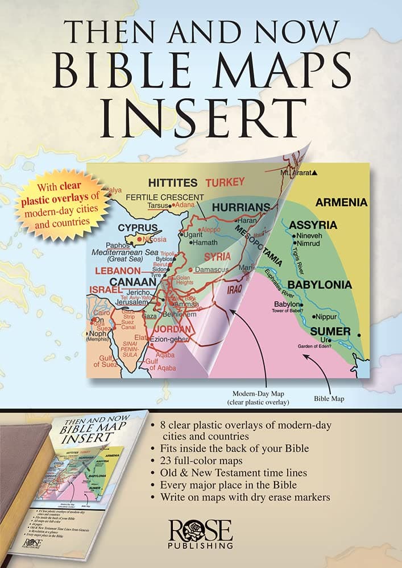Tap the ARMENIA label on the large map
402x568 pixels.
[x=341, y=202]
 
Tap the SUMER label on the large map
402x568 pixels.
[x=330, y=331]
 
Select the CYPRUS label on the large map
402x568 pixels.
[x=137, y=228]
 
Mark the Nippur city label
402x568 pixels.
[x=326, y=316]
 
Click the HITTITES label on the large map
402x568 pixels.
[x=172, y=183]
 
